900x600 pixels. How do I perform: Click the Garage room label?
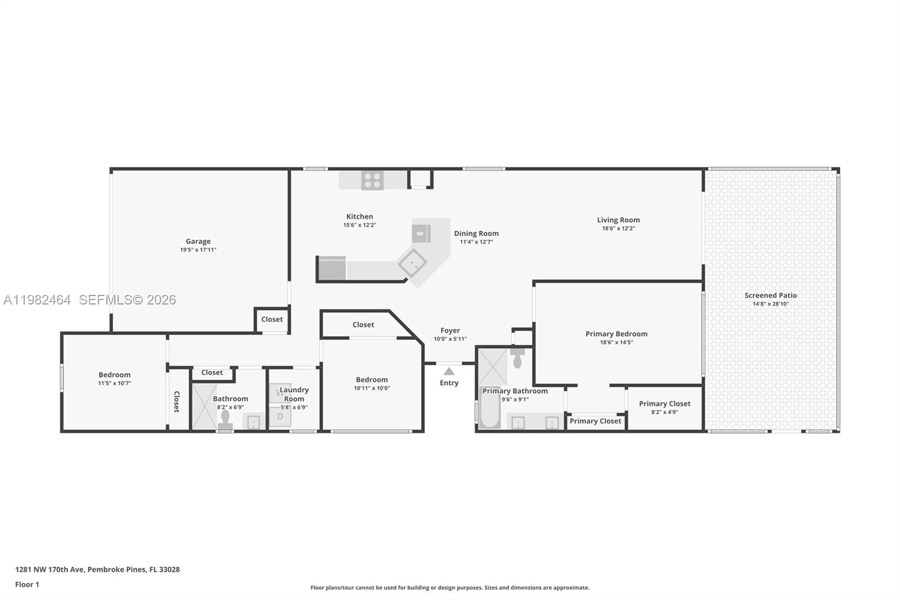click(198, 241)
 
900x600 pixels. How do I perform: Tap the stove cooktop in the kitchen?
click(372, 180)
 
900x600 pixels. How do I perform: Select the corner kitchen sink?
click(413, 263)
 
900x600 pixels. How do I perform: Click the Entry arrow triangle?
click(449, 371)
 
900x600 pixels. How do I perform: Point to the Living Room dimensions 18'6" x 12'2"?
click(618, 229)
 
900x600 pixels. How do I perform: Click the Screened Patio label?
click(771, 295)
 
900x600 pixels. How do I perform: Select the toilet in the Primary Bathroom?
click(517, 359)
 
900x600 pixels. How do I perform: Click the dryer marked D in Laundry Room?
click(280, 417)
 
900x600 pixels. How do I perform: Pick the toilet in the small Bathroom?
click(226, 419)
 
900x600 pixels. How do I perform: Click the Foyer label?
click(450, 331)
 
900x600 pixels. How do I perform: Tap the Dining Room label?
click(476, 234)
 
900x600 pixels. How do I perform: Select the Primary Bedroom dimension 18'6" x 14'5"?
click(616, 342)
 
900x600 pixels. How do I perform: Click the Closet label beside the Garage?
click(272, 320)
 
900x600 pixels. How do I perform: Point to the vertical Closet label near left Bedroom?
click(177, 401)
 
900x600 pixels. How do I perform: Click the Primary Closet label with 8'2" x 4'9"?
click(664, 404)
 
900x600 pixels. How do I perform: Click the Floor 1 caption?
click(27, 585)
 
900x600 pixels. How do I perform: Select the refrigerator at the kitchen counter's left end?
click(332, 268)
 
